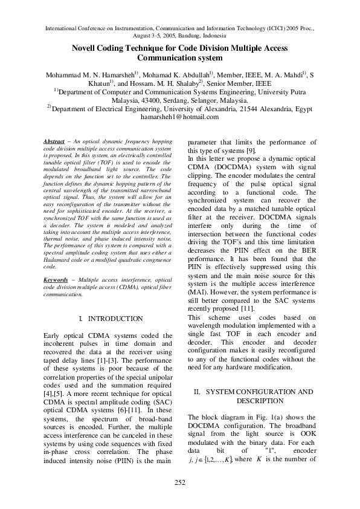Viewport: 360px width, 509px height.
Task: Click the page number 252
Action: point(180,482)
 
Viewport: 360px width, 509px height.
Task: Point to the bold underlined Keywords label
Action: point(56,280)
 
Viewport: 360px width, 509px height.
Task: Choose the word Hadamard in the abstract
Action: point(60,259)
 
